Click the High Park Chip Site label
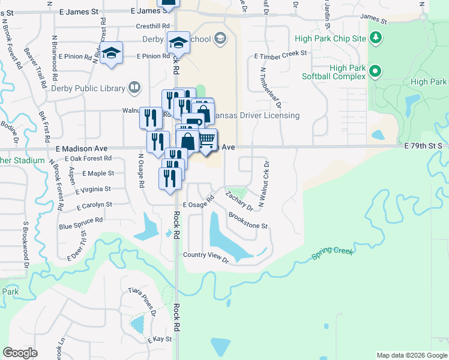[330, 38]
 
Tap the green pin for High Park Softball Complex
[376, 73]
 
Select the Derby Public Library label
[88, 88]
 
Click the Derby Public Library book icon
[134, 88]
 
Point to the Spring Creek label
[331, 253]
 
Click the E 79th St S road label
[423, 146]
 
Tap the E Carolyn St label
[95, 205]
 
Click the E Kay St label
[160, 339]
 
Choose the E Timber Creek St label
[280, 54]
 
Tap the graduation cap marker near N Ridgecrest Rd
[111, 52]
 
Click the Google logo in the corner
[20, 353]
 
